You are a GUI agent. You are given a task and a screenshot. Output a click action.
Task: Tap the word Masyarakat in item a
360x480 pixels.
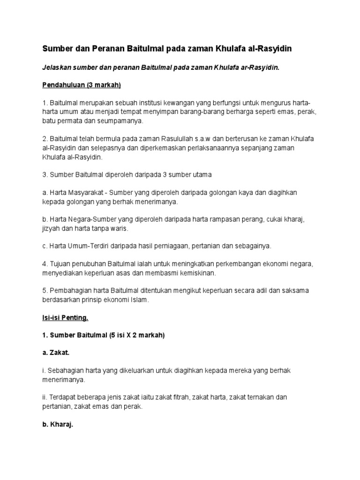[82, 193]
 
